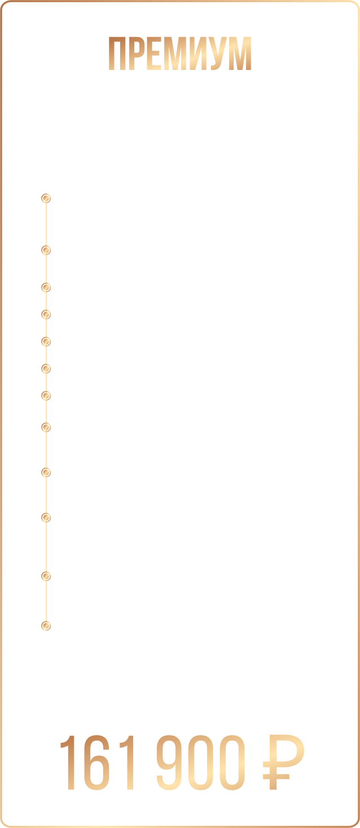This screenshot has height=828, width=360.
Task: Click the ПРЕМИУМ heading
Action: point(180,55)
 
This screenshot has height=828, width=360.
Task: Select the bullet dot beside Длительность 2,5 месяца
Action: point(46,287)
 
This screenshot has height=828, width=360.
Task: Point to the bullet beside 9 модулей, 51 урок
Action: point(46,314)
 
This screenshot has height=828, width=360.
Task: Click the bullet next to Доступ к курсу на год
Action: point(46,341)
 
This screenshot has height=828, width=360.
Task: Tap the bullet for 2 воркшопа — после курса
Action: point(46,626)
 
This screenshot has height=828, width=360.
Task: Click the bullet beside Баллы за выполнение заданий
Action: point(46,395)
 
